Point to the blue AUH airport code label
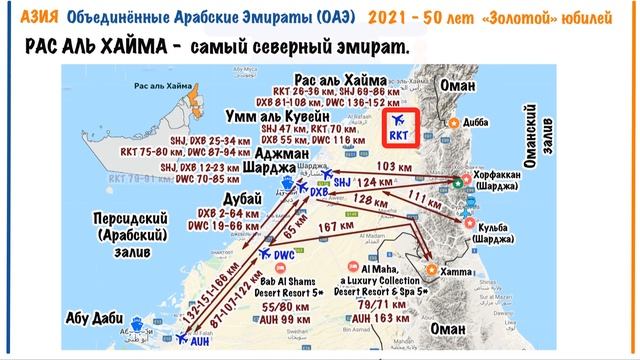click(201, 340)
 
